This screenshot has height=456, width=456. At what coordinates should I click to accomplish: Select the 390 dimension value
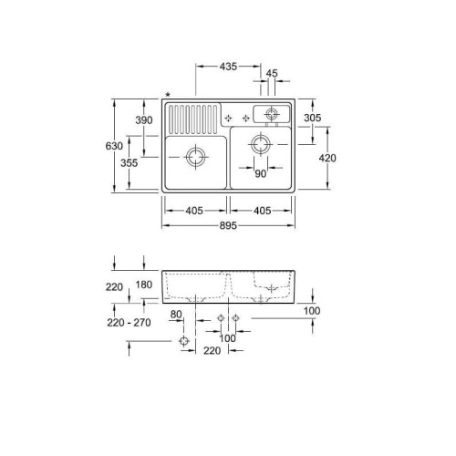pyautogui.click(x=143, y=120)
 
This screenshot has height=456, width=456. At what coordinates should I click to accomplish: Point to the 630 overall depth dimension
pyautogui.click(x=113, y=145)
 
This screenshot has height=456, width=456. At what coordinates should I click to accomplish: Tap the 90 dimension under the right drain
pyautogui.click(x=260, y=173)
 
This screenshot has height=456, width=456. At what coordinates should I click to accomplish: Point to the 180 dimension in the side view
pyautogui.click(x=144, y=285)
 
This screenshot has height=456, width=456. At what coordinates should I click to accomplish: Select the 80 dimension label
pyautogui.click(x=176, y=314)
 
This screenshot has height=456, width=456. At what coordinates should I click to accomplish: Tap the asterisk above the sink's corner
pyautogui.click(x=167, y=93)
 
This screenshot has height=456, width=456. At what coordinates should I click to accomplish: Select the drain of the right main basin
pyautogui.click(x=261, y=146)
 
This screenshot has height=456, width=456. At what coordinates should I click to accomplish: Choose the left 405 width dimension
pyautogui.click(x=193, y=211)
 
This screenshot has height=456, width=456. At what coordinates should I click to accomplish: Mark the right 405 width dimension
pyautogui.click(x=262, y=211)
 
